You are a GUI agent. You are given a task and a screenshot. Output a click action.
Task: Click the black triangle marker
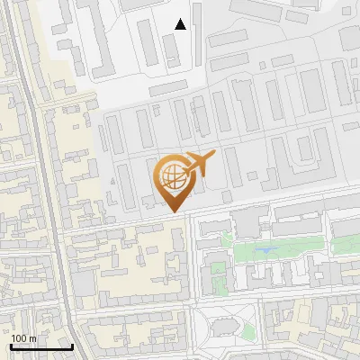(x=181, y=24)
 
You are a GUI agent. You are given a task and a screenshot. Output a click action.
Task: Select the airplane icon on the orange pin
(x=199, y=164)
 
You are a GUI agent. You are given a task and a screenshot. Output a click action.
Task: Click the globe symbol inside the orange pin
(x=170, y=174)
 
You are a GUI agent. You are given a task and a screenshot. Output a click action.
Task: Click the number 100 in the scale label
(x=18, y=338)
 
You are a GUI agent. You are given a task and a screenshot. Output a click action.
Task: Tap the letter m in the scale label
(x=32, y=338)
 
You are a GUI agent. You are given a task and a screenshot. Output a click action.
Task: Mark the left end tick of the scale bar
(x=11, y=346)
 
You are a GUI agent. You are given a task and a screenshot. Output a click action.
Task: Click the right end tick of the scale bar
(x=72, y=346)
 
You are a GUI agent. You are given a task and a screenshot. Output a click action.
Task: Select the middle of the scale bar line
(x=41, y=347)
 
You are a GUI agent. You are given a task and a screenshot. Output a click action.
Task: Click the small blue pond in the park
(x=265, y=249)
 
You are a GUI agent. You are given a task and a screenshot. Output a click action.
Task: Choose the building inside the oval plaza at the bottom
(x=226, y=326)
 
